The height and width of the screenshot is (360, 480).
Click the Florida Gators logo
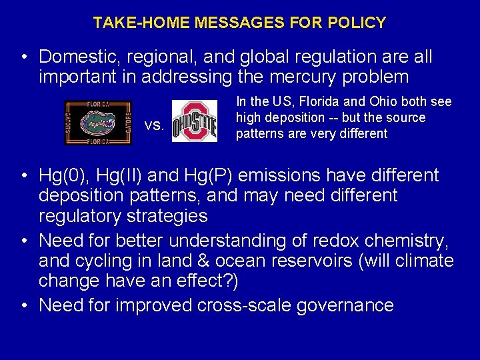[98, 122]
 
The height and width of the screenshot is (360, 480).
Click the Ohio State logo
[195, 121]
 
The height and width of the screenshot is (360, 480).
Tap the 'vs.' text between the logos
[154, 125]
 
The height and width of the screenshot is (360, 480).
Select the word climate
[421, 261]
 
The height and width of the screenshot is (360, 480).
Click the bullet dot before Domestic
[23, 57]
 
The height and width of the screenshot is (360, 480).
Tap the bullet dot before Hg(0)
[23, 176]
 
